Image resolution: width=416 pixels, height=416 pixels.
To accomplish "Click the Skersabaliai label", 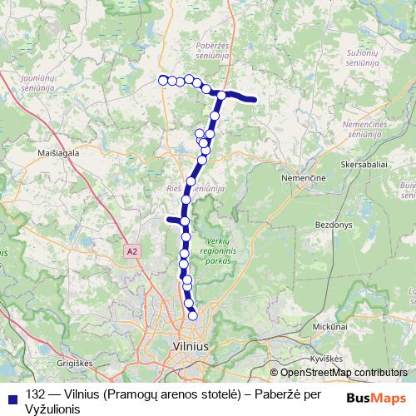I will [x=364, y=165].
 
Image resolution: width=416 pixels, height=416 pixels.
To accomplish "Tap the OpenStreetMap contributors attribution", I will [x=343, y=372].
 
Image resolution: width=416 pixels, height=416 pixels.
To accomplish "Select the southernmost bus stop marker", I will [x=193, y=315].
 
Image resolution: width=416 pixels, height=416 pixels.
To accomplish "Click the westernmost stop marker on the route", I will [x=162, y=80].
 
